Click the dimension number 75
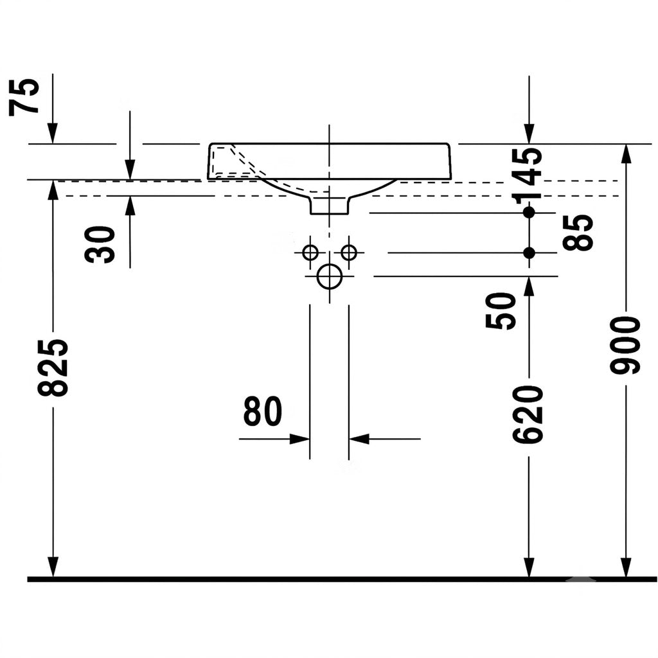coord(24,98)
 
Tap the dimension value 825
coord(53,368)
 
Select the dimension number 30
coord(100,245)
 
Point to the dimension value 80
coord(263,411)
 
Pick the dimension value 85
coord(578,233)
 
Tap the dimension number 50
coord(500,311)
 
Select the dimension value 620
coord(528,415)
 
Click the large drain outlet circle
coord(330,276)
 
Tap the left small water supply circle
coord(310,253)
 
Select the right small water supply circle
coord(349,253)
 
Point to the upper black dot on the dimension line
coord(529,212)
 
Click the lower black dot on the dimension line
coord(529,253)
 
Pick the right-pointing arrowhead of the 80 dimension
coord(299,439)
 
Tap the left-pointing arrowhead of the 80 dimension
coord(359,439)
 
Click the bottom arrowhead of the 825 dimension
coord(53,567)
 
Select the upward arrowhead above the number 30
coord(130,206)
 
